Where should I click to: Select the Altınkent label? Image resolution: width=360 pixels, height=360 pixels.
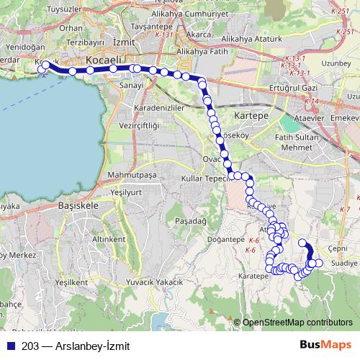pyautogui.click(x=109, y=238)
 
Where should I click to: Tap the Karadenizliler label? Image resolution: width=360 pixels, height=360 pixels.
pyautogui.click(x=160, y=108)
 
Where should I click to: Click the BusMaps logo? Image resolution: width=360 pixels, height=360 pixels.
pyautogui.click(x=325, y=344)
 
